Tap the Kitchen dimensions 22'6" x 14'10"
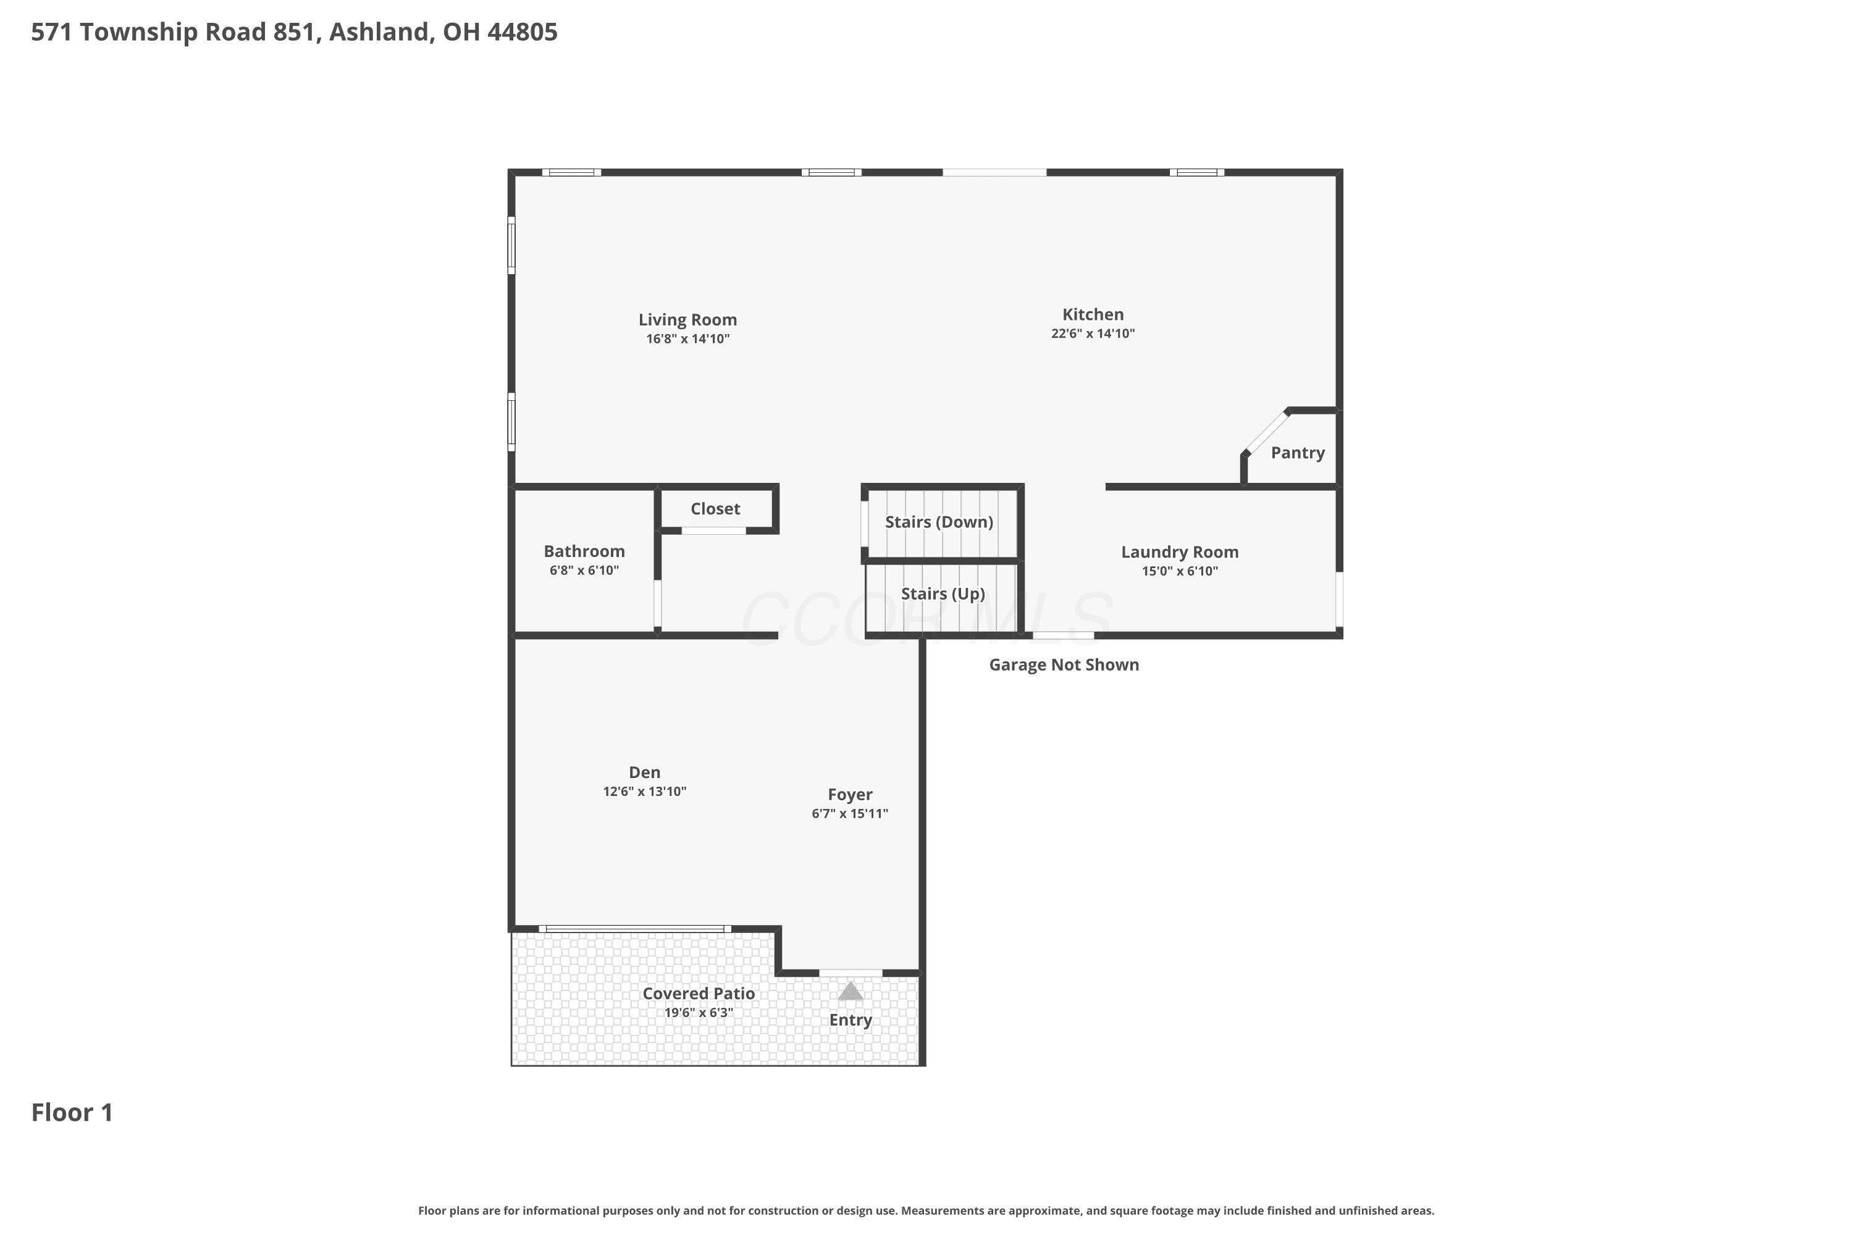[1093, 333]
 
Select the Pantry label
[1298, 453]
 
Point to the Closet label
[715, 509]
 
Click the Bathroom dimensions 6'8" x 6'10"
[584, 570]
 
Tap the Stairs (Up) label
[943, 594]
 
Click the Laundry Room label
[1179, 552]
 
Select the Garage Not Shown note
[1064, 665]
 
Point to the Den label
[644, 772]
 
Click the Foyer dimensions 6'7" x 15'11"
[849, 814]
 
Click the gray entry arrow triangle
[850, 992]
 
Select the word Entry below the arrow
[850, 1021]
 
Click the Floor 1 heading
[72, 1113]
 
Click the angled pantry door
[1266, 432]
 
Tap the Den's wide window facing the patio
[635, 929]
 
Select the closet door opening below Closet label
[714, 531]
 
